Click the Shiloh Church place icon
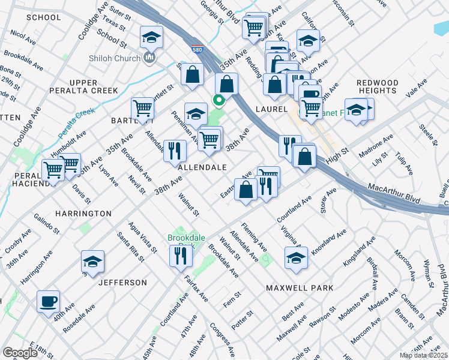point(149,58)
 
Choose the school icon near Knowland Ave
point(296,258)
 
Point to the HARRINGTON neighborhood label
point(83,214)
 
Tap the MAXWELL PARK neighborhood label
point(300,288)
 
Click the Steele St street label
point(427,135)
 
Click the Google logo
point(20,353)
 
